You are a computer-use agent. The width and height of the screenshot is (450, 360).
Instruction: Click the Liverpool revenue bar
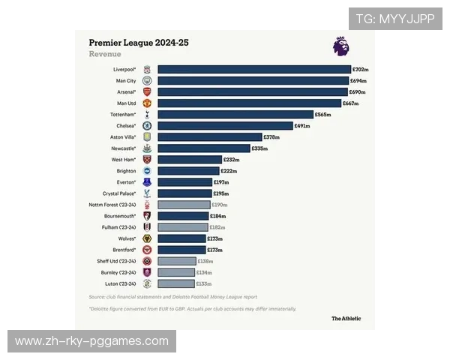254,69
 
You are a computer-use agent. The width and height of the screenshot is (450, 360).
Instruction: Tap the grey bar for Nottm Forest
184,204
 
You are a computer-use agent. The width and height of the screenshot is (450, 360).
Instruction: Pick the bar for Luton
176,283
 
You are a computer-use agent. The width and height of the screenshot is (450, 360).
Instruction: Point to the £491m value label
302,126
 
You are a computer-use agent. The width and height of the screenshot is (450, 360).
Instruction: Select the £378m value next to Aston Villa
272,137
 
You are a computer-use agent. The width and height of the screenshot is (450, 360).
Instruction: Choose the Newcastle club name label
123,148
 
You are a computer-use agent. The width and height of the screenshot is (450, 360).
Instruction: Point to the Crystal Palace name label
120,193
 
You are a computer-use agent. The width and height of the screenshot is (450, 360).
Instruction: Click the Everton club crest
147,182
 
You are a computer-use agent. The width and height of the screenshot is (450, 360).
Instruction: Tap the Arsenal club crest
147,91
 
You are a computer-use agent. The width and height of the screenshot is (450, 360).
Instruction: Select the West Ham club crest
147,160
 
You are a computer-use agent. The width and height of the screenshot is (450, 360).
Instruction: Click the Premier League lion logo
340,46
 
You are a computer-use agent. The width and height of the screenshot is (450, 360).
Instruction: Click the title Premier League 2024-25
139,43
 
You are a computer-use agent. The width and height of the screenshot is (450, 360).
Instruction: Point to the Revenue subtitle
105,55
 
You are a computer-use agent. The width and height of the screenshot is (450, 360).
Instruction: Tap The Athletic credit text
346,318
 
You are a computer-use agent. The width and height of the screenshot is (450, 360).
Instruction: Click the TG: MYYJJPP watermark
394,19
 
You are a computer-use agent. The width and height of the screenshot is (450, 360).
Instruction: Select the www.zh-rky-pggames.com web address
92,341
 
